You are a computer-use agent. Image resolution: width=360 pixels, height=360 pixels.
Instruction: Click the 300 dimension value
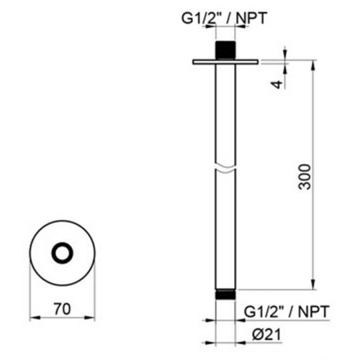coord(304,177)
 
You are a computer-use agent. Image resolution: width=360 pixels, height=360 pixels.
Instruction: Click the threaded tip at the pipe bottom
coord(225,293)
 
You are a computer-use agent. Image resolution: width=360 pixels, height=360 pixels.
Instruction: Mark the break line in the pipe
coord(225,167)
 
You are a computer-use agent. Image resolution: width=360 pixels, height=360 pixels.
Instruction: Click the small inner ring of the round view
coord(64,253)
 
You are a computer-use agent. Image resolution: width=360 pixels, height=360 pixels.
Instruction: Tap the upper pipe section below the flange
coord(225,113)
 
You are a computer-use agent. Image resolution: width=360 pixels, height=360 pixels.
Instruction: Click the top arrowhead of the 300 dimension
coord(313,65)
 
